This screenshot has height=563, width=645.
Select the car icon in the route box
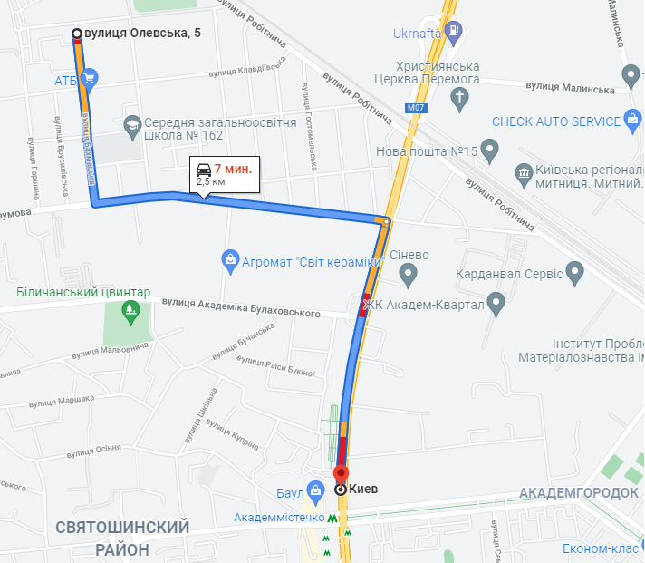tap(204, 169)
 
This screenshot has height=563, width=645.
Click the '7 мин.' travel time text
tap(234, 169)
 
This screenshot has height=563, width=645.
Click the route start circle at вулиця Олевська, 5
tap(76, 34)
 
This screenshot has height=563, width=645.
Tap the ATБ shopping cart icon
tap(89, 80)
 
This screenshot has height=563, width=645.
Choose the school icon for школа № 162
tap(131, 122)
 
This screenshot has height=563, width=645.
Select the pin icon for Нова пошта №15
tap(489, 150)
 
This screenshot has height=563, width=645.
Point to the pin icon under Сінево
tap(409, 273)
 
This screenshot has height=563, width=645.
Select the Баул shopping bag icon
tap(314, 493)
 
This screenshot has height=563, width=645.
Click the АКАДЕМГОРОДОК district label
tap(580, 494)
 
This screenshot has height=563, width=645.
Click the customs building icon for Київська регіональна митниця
tap(523, 172)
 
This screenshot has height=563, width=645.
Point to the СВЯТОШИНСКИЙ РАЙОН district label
tap(122, 538)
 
